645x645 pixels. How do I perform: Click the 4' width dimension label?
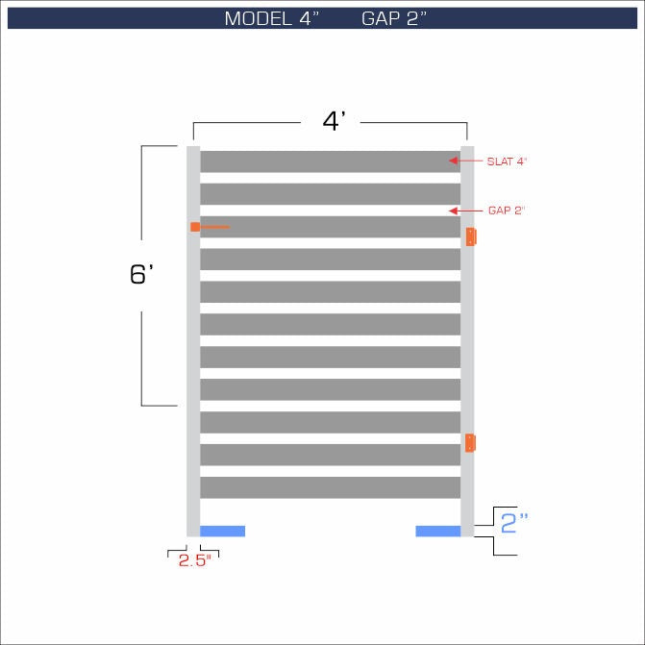pyautogui.click(x=334, y=122)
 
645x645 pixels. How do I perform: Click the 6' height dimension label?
pyautogui.click(x=141, y=274)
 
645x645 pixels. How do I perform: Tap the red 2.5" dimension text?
pyautogui.click(x=194, y=561)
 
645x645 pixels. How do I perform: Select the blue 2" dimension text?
pyautogui.click(x=515, y=523)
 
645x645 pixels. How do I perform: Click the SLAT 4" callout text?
pyautogui.click(x=509, y=161)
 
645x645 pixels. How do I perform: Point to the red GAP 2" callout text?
pyautogui.click(x=507, y=211)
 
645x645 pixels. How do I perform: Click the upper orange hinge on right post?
pyautogui.click(x=470, y=236)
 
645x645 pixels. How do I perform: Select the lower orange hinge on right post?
pyautogui.click(x=470, y=443)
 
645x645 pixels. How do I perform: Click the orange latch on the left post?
pyautogui.click(x=195, y=227)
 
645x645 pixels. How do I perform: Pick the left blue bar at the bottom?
pyautogui.click(x=222, y=531)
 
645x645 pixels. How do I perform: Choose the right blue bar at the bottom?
pyautogui.click(x=437, y=531)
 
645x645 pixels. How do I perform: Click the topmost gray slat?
pyautogui.click(x=330, y=161)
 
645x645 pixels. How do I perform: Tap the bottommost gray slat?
pyautogui.click(x=330, y=487)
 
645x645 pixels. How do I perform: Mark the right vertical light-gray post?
pyautogui.click(x=467, y=336)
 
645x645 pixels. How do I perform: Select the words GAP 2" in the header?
pyautogui.click(x=394, y=19)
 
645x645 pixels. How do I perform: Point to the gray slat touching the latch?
pyautogui.click(x=330, y=227)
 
